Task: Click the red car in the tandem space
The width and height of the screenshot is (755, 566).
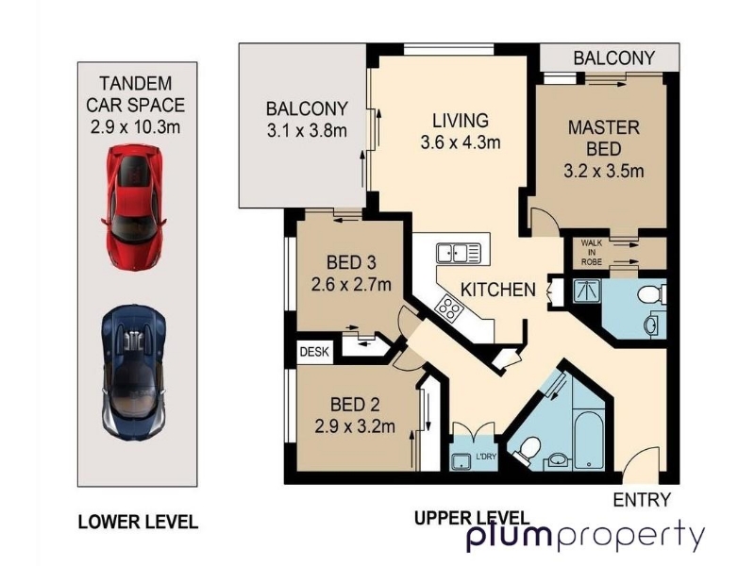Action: (133, 207)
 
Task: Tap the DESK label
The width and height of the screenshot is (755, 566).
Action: (314, 351)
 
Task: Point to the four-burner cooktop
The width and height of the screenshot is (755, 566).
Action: (449, 308)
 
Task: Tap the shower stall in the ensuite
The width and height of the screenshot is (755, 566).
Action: (587, 291)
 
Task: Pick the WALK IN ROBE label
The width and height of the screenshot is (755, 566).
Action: (592, 252)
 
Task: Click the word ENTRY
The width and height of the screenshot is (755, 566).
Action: (642, 500)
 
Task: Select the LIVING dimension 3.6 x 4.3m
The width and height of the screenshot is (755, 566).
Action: (461, 142)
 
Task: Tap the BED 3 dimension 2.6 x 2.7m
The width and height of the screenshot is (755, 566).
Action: (351, 285)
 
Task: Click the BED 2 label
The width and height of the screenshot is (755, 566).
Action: (355, 405)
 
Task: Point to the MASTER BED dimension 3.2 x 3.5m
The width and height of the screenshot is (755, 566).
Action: (604, 171)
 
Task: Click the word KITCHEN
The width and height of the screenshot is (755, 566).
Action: (498, 290)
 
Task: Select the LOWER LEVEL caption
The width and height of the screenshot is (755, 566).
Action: (138, 522)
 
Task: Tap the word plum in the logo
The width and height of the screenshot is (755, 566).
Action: (510, 535)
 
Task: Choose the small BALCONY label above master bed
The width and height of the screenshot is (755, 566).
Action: (614, 58)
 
